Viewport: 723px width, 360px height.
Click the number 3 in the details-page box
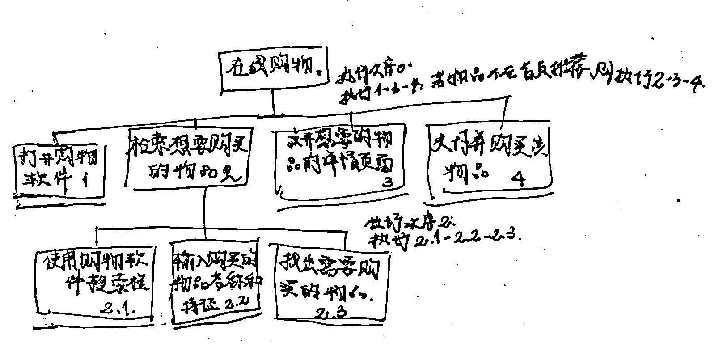coord(388,182)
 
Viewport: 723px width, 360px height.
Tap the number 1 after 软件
coord(85,181)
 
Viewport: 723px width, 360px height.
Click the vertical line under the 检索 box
coord(204,208)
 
